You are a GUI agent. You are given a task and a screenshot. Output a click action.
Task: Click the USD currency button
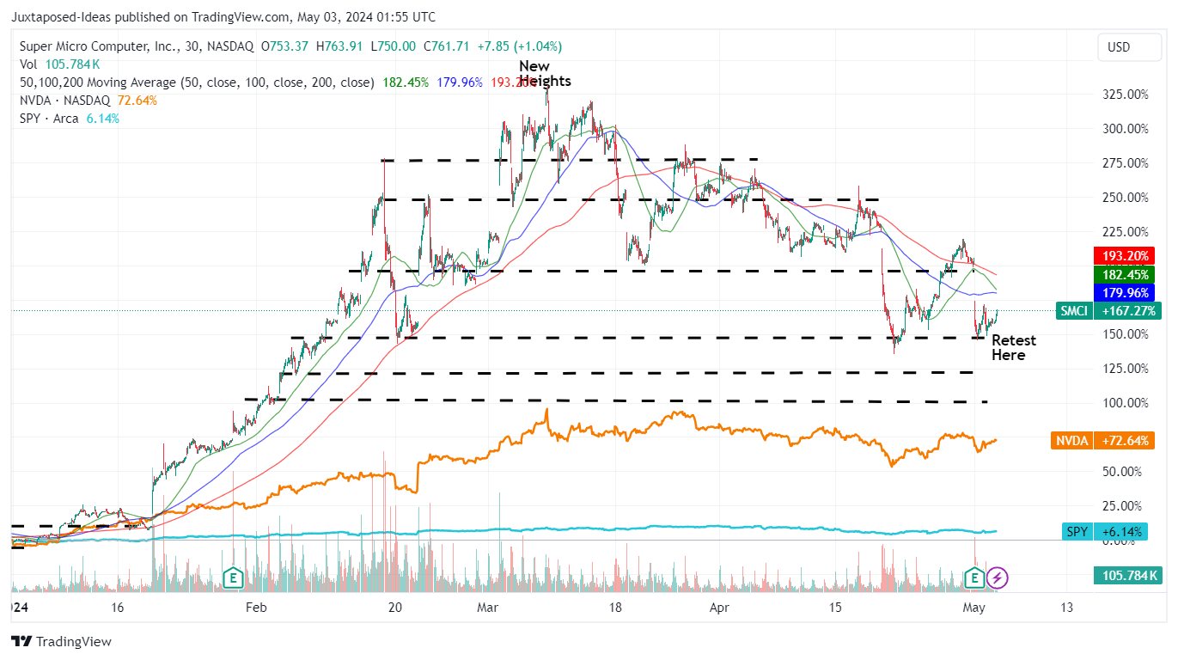click(1118, 47)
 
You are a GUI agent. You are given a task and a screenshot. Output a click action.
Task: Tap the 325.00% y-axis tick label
click(1124, 94)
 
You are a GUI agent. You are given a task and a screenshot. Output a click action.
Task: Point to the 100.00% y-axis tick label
click(1124, 402)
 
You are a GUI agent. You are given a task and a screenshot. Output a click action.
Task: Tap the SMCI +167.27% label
click(1108, 311)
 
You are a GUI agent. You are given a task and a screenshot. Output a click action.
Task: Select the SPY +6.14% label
click(1104, 532)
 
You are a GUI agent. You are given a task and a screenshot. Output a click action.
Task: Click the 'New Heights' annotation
click(544, 74)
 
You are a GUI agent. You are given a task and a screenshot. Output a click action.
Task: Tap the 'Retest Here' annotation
click(1013, 348)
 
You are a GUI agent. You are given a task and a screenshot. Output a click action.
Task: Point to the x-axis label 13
click(1066, 608)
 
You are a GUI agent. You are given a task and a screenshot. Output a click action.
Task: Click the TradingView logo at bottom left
click(61, 641)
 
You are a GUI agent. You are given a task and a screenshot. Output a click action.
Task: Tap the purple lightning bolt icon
click(998, 577)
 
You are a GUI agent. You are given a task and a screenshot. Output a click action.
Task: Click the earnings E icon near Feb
click(232, 577)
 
